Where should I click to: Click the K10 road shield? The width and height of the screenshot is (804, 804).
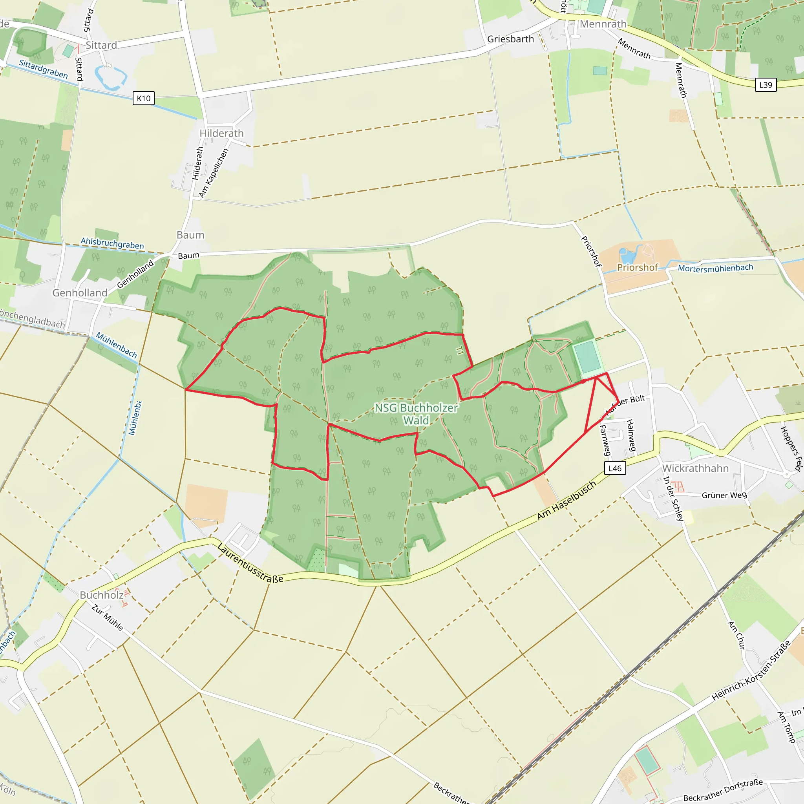(144, 98)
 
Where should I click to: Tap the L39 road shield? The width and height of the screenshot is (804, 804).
(765, 85)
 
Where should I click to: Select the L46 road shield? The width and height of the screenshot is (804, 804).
(615, 468)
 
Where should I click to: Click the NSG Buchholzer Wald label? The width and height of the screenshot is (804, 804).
(416, 414)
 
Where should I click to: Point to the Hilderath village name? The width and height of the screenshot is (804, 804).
(221, 133)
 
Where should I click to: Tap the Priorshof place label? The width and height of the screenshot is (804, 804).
(637, 267)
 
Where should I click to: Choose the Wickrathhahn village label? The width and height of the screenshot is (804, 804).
(695, 468)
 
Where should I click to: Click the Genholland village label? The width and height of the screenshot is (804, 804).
(79, 292)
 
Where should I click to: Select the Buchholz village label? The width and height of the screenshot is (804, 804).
(102, 595)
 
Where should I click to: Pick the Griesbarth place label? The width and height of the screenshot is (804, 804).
(510, 39)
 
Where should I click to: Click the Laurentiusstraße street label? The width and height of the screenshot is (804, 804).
(250, 563)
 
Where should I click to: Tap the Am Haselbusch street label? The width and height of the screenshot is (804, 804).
(566, 501)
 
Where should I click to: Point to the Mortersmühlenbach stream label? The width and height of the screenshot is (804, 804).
(715, 268)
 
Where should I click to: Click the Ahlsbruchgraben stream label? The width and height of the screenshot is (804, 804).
(112, 243)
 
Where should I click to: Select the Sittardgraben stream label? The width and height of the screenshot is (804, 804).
(43, 69)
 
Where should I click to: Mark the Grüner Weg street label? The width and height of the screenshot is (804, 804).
(724, 495)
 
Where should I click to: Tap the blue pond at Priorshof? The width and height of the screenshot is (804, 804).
(627, 254)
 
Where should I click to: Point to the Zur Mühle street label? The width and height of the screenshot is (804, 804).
(107, 618)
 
